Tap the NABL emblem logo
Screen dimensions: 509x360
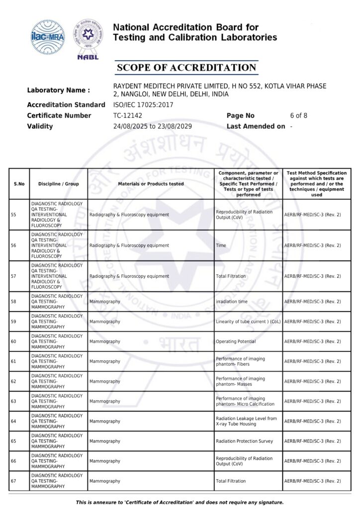click(88, 39)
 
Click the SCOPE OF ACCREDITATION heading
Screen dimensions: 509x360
click(186, 68)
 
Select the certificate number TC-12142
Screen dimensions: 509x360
click(128, 116)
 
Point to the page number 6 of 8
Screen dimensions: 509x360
click(299, 116)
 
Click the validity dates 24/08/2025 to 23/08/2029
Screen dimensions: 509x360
click(153, 126)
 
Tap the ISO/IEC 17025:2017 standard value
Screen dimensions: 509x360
click(143, 105)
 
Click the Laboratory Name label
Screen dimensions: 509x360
click(59, 90)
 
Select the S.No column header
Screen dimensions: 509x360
click(19, 184)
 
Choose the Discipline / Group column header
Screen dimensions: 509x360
click(59, 184)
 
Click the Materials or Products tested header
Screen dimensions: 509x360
click(151, 184)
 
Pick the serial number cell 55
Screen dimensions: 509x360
click(13, 215)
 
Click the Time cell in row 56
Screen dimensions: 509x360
click(221, 246)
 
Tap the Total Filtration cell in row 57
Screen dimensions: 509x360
click(231, 276)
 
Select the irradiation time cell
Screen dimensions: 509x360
click(232, 302)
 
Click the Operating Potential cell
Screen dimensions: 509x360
click(236, 341)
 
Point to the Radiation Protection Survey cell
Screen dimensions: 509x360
click(244, 441)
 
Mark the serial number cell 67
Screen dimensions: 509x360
click(13, 481)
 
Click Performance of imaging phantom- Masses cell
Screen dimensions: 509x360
click(240, 381)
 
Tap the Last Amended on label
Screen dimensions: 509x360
click(256, 126)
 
